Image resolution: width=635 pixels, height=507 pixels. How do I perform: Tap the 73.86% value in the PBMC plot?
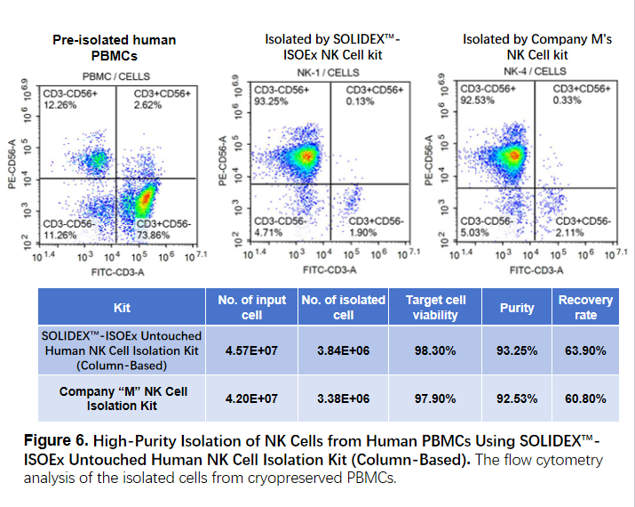pos(168,235)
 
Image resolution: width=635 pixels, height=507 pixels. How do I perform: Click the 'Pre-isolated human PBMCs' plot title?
pos(114,47)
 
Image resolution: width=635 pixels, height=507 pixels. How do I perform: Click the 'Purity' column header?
pos(516,308)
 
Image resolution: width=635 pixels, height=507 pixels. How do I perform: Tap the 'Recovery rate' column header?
pos(585,308)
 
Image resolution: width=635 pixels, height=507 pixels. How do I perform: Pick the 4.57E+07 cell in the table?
pos(251,350)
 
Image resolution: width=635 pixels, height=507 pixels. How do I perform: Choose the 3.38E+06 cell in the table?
pos(342,398)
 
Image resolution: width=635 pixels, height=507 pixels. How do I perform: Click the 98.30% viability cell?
pos(435,350)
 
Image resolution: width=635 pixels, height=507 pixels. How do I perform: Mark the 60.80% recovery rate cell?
pos(585,398)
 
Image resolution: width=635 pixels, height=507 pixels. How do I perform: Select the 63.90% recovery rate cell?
pos(585,350)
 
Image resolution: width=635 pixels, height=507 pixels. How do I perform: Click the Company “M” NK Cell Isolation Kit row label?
pos(122,398)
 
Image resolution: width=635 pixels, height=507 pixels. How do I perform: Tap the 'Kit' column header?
pos(122,308)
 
